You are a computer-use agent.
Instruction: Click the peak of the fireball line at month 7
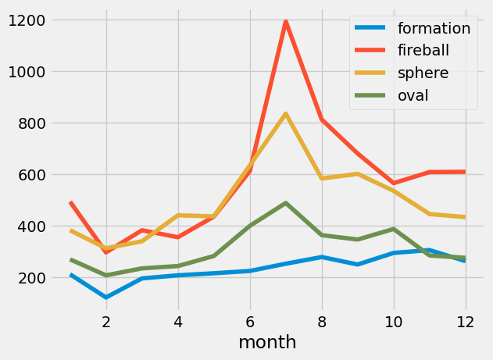pos(286,21)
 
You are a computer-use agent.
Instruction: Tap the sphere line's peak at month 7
pos(286,114)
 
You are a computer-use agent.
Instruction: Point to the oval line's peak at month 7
pos(286,203)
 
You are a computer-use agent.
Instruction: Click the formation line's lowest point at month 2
pos(106,298)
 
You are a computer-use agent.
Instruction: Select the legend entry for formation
pos(434,29)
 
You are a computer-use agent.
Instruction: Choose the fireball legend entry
pos(427,51)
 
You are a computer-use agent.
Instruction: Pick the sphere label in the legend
pos(423,73)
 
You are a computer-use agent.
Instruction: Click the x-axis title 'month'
pos(267,342)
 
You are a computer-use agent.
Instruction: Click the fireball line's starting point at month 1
pos(70,202)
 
